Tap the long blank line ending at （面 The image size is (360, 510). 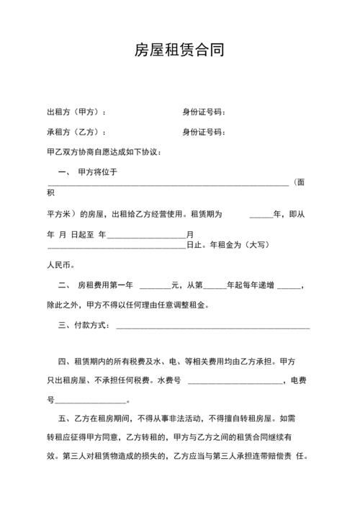coord(168,185)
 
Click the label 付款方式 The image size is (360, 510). coord(91,326)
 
